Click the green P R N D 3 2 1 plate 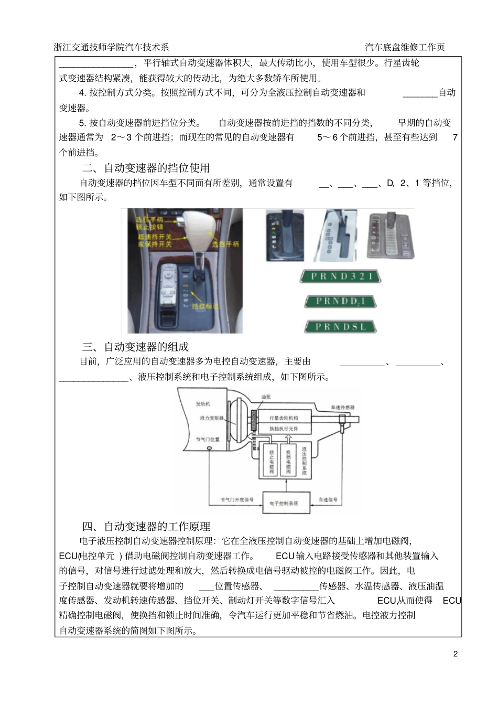341,276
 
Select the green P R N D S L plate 341,326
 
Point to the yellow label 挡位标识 204,306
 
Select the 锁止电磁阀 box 271,462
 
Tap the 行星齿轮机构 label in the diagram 284,418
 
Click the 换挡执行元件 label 284,429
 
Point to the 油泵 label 266,397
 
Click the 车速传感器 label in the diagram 342,407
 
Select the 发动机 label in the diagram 202,404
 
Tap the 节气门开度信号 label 237,499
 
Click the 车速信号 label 328,499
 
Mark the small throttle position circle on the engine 209,448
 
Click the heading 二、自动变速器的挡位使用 146,168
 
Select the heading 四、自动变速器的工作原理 146,526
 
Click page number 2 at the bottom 456,654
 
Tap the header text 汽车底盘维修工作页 405,47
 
